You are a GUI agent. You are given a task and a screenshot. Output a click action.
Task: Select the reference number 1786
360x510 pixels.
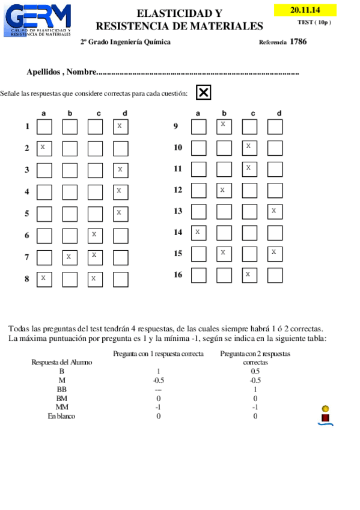[299, 42]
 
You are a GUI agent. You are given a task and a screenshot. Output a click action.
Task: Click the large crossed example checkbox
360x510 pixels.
[204, 92]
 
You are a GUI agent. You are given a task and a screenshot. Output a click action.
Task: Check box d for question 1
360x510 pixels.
[120, 126]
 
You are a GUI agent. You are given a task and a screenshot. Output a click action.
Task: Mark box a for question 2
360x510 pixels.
[44, 148]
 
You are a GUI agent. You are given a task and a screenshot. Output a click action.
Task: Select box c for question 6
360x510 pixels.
[95, 235]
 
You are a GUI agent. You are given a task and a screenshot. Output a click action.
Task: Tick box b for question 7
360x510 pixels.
[70, 257]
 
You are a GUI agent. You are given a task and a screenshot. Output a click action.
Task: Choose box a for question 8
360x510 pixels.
[44, 279]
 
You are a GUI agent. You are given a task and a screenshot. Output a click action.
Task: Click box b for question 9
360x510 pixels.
[224, 126]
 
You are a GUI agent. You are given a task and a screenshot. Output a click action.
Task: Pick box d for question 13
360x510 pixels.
[275, 211]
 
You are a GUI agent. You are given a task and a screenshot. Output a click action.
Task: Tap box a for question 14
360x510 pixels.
[198, 232]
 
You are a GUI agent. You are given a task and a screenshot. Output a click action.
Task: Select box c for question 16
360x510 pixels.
[249, 275]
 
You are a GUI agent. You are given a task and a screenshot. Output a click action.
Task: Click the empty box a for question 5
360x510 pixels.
[44, 214]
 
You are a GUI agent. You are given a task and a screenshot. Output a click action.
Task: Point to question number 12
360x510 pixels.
[177, 190]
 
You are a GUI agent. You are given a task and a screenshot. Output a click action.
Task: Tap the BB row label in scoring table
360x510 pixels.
[62, 389]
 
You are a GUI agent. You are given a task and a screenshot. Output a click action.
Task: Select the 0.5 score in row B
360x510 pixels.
[255, 371]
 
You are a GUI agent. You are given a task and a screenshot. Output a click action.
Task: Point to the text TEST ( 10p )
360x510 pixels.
[314, 22]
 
